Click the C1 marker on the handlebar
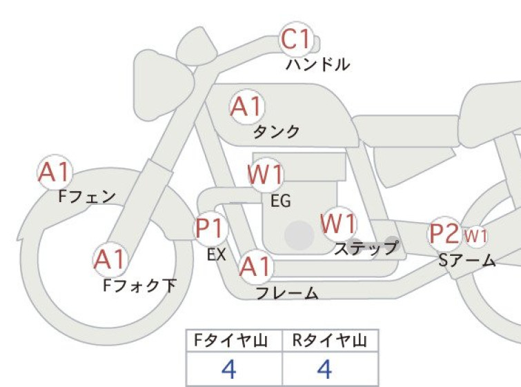pyautogui.click(x=296, y=39)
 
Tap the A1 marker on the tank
pyautogui.click(x=247, y=107)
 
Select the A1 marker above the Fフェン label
pyautogui.click(x=55, y=172)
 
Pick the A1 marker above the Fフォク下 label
pyautogui.click(x=110, y=259)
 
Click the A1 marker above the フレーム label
pyautogui.click(x=255, y=266)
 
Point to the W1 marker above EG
pyautogui.click(x=265, y=175)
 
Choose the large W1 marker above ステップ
pyautogui.click(x=339, y=224)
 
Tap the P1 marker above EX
pyautogui.click(x=210, y=229)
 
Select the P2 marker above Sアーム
pyautogui.click(x=444, y=234)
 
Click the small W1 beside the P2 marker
pyautogui.click(x=476, y=236)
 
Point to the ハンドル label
pyautogui.click(x=317, y=64)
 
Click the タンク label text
pyautogui.click(x=277, y=132)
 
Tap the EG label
pyautogui.click(x=281, y=201)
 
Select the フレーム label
pyautogui.click(x=287, y=293)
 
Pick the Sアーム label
pyautogui.click(x=467, y=261)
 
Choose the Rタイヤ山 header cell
pyautogui.click(x=331, y=341)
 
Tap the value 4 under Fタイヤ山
pyautogui.click(x=229, y=369)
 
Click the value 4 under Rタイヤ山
pyautogui.click(x=324, y=369)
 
